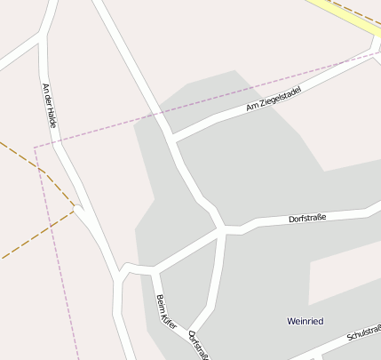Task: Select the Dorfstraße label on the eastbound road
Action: [309, 217]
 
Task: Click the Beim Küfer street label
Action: [166, 311]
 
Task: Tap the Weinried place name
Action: [308, 320]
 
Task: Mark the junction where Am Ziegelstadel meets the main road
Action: [171, 138]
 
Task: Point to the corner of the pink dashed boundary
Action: [35, 147]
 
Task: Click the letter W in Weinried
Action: [291, 320]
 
